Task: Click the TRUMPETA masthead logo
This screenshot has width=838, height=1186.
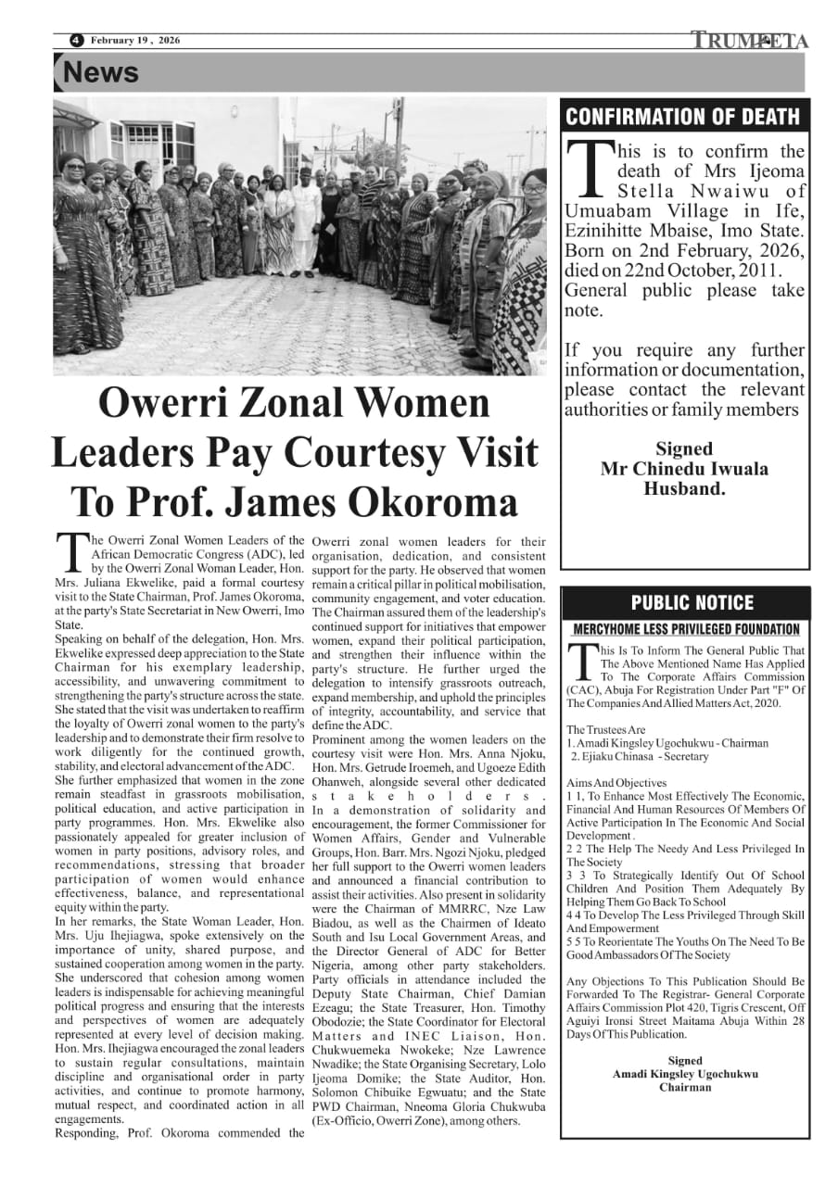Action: [x=749, y=40]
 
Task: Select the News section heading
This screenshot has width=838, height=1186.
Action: [x=101, y=72]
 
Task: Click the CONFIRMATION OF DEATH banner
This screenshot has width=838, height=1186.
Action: [x=683, y=116]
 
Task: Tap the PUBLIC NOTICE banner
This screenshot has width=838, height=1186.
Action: [x=692, y=603]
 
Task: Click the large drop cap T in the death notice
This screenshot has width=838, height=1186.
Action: [x=590, y=169]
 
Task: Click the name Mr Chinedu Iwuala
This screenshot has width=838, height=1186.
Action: [x=684, y=469]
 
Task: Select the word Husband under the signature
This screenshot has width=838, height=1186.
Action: [x=684, y=488]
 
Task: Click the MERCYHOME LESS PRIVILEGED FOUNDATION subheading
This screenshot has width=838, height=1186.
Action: [x=686, y=630]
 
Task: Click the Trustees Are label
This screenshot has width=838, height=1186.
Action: [x=606, y=730]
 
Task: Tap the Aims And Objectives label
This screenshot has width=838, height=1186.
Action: [x=616, y=783]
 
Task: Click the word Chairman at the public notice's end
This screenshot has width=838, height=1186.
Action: [x=684, y=1087]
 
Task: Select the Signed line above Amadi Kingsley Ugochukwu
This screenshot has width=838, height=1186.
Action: [x=684, y=1060]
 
